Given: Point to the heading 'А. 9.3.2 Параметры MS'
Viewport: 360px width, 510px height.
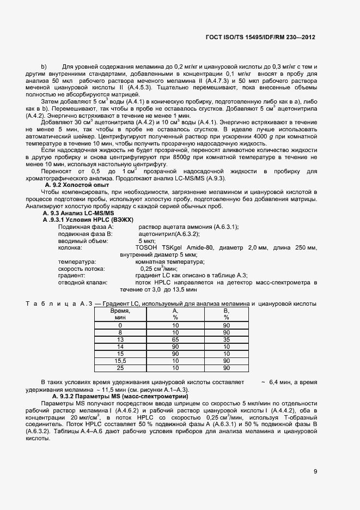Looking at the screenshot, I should (x=96, y=397).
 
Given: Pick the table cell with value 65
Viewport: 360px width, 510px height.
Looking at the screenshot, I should (x=175, y=338).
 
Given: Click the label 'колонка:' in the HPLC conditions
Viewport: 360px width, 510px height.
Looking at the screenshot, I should (x=70, y=248).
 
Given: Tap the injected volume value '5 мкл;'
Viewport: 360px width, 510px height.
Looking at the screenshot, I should (x=148, y=240).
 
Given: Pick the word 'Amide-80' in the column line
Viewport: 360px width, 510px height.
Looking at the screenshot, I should (x=201, y=248).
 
